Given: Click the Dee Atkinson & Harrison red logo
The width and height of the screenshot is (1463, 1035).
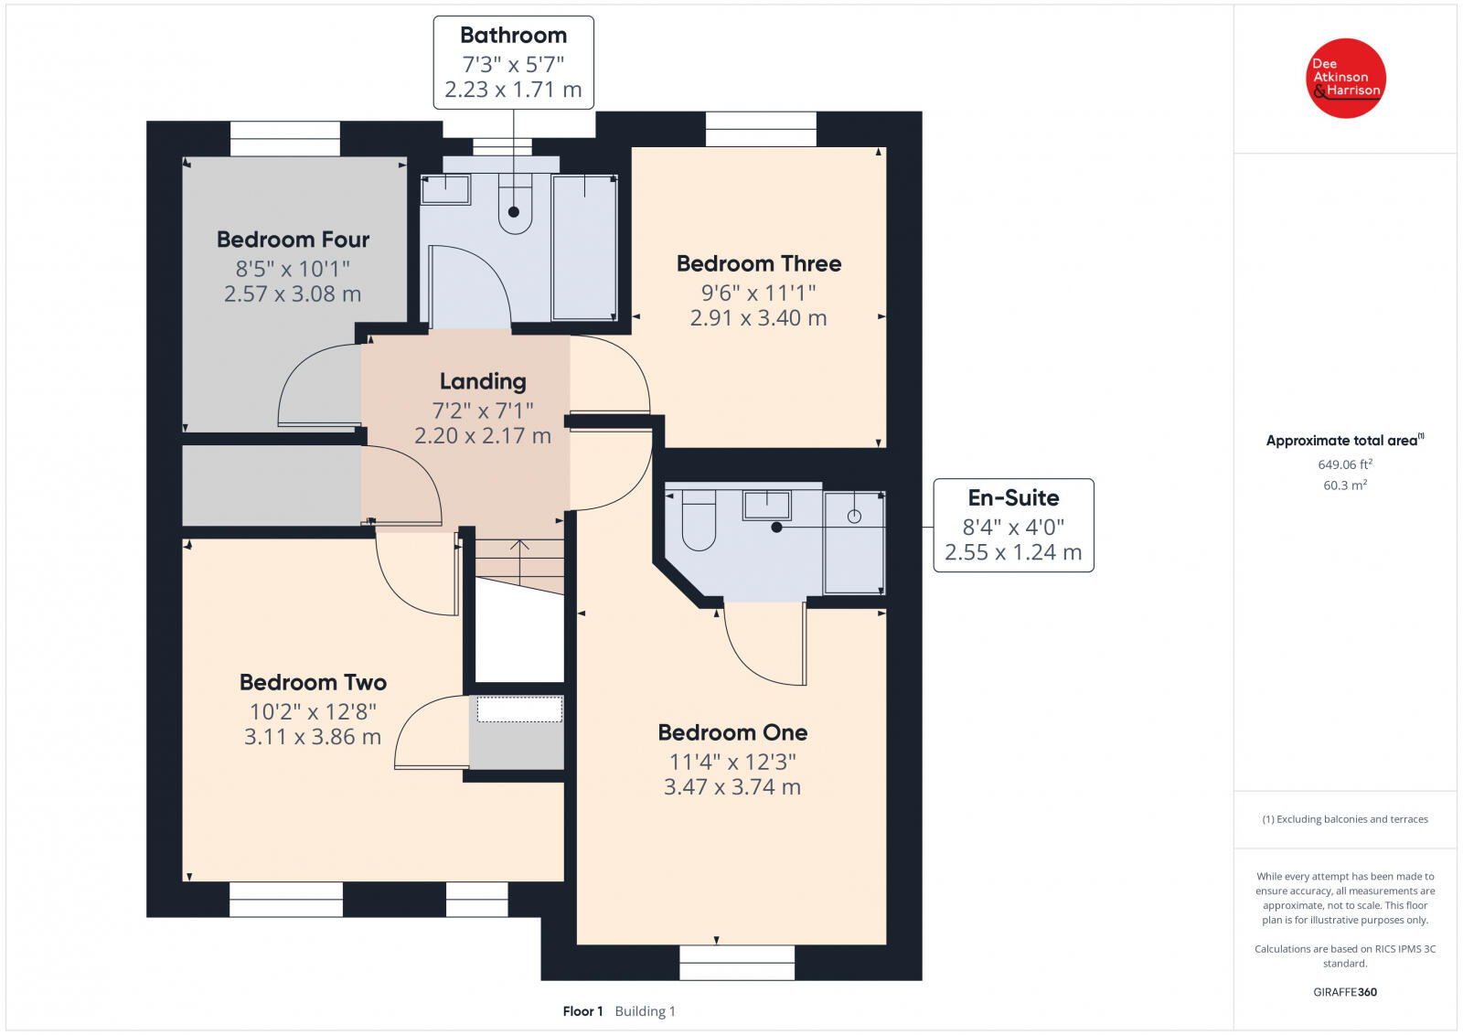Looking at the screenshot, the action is (x=1345, y=79).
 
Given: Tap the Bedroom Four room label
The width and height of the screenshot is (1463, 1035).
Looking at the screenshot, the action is (x=293, y=240).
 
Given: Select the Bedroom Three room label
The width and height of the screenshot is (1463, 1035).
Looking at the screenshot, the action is (x=758, y=264).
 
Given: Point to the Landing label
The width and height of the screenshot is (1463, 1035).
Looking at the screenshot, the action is (x=483, y=381).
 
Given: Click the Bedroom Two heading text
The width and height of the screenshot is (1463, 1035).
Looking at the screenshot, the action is (x=313, y=682).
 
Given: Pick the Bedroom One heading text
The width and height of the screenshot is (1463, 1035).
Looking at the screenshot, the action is (x=732, y=732).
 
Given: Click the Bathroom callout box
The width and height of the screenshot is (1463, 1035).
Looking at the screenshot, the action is (x=513, y=63).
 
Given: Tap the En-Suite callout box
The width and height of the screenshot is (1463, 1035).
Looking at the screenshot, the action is (x=1013, y=526).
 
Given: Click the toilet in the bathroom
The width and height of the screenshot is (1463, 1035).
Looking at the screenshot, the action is (x=515, y=204).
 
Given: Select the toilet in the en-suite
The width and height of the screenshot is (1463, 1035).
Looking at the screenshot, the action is (x=699, y=520).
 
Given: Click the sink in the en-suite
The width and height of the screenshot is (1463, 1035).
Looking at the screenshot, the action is (x=766, y=506).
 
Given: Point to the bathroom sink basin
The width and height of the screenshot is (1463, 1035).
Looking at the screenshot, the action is (x=445, y=189).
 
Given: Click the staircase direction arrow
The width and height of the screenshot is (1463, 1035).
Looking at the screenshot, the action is (x=519, y=561).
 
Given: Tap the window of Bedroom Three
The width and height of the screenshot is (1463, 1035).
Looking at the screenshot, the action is (x=761, y=129).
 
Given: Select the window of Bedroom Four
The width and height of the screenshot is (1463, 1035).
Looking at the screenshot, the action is (x=284, y=138).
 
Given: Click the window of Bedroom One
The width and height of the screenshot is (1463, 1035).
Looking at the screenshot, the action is (x=737, y=963).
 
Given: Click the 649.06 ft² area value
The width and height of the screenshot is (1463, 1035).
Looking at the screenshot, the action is (x=1345, y=464).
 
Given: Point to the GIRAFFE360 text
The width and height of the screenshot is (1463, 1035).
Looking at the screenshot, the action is (x=1345, y=992).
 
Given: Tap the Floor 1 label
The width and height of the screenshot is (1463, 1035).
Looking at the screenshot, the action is (x=582, y=1011).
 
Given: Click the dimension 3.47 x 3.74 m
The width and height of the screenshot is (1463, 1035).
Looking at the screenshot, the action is (x=732, y=787).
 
